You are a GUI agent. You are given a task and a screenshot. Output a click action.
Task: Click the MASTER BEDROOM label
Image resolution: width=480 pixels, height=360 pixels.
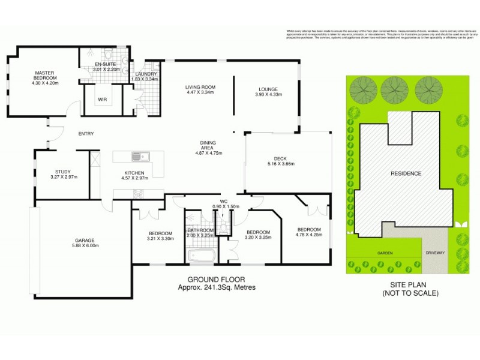click(45, 75)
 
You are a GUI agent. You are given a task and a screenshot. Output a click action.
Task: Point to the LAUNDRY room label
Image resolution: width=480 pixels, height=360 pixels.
click(144, 74)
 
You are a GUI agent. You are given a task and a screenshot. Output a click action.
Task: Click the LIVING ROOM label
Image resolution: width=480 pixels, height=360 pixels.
click(200, 88)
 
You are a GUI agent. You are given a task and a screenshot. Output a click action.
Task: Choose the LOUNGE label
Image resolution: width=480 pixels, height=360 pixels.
click(268, 88)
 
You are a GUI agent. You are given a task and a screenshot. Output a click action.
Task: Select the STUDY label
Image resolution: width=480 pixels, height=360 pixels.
click(63, 171)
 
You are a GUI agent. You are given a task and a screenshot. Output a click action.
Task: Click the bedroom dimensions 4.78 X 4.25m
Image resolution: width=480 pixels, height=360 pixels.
click(310, 235)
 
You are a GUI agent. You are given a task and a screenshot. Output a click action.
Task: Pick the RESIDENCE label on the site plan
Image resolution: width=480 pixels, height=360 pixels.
click(406, 173)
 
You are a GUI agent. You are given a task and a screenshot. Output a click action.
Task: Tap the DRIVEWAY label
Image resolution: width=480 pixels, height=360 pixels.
click(435, 253)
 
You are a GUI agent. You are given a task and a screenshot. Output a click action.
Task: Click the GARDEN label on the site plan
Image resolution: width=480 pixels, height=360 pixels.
click(385, 253)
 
